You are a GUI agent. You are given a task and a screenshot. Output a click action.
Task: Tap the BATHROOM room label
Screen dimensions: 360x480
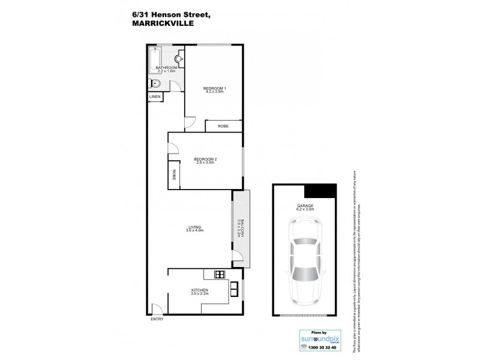click(x=166, y=68)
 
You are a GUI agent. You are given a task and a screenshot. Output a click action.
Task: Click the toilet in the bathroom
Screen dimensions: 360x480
click(x=155, y=84)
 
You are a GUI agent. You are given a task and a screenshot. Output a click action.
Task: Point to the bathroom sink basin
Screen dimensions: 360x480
click(x=179, y=59)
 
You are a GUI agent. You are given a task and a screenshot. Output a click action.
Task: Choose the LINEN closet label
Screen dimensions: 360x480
click(x=154, y=96)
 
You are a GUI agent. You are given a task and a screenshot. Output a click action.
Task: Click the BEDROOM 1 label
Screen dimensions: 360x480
click(x=214, y=89)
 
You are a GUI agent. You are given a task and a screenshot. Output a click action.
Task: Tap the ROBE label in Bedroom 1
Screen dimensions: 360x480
click(x=223, y=127)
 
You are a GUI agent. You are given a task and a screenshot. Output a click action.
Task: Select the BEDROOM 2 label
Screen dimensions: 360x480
click(x=205, y=160)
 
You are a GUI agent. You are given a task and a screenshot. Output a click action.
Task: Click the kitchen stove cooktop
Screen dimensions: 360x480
click(x=219, y=275)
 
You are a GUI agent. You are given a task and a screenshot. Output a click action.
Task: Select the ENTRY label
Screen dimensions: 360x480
click(x=157, y=319)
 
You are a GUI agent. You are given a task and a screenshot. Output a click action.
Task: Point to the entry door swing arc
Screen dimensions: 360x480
click(x=157, y=308)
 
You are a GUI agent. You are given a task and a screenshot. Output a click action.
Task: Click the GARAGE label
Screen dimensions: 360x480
click(x=304, y=205)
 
